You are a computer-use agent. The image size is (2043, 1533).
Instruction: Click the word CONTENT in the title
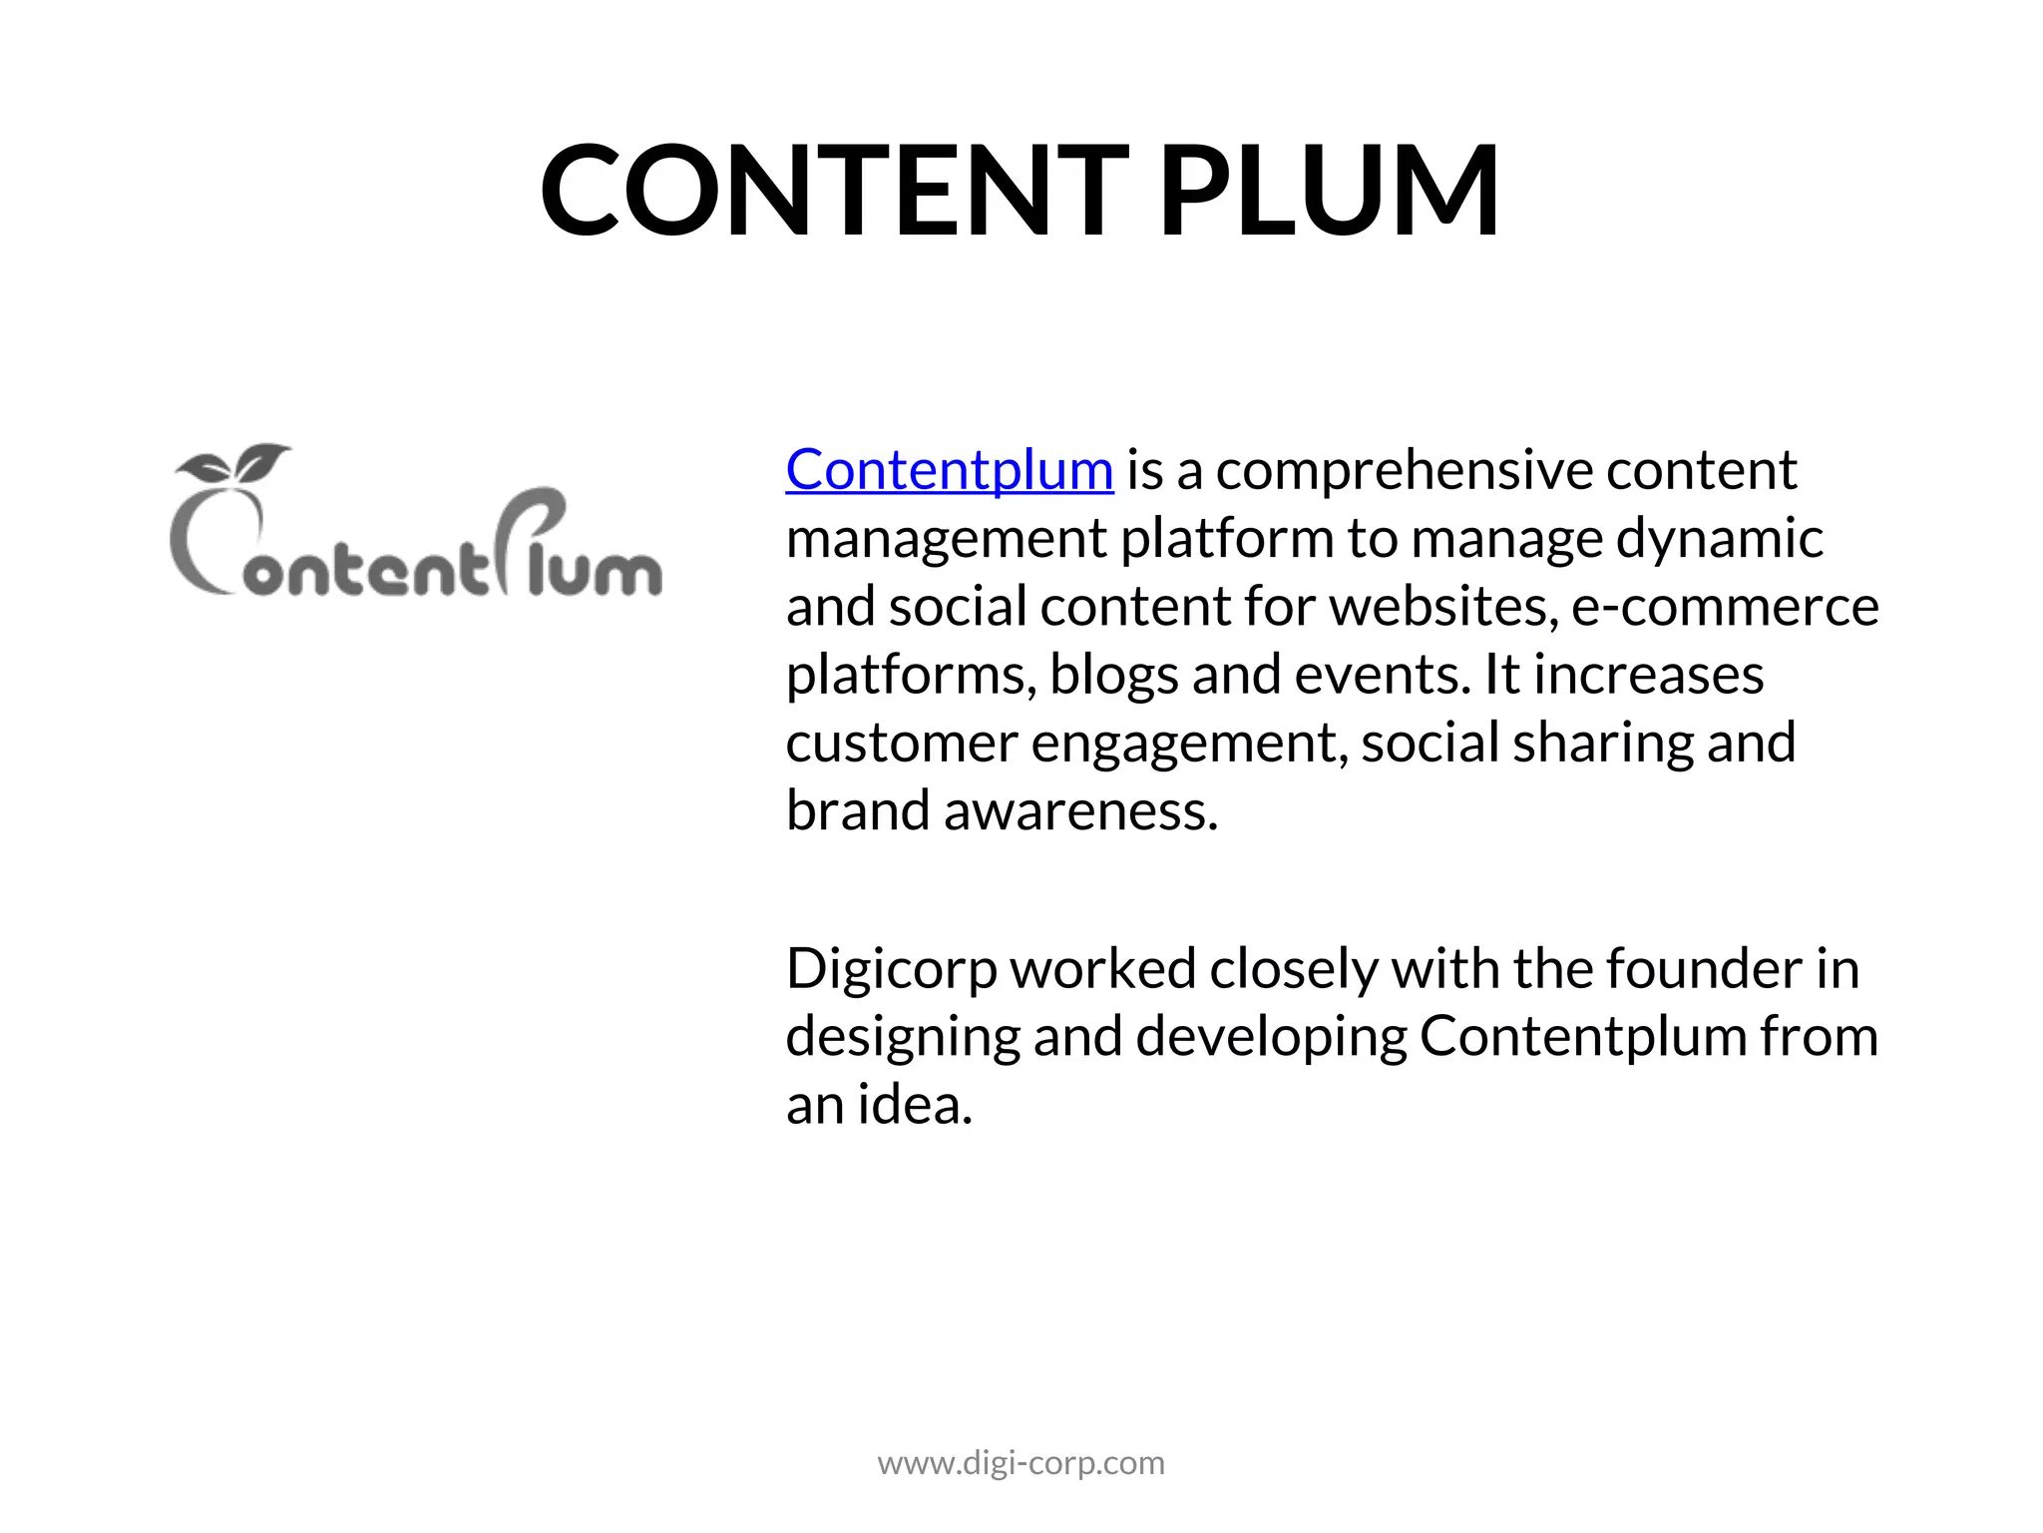coord(834,191)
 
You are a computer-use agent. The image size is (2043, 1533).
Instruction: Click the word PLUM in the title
coord(1329,191)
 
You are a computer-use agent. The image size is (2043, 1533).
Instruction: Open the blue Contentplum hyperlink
coord(949,470)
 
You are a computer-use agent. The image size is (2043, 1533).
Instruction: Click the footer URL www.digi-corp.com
coord(1021,1463)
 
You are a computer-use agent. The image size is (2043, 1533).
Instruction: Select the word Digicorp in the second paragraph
coord(891,970)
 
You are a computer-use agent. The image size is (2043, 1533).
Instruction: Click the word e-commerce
coord(1725,607)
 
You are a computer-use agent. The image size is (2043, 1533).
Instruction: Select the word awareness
coord(1080,810)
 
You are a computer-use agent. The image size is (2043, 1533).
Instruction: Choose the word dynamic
coord(1719,540)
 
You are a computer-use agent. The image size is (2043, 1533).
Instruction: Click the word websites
coord(1443,607)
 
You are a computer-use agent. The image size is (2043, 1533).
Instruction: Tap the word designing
coord(903,1038)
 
